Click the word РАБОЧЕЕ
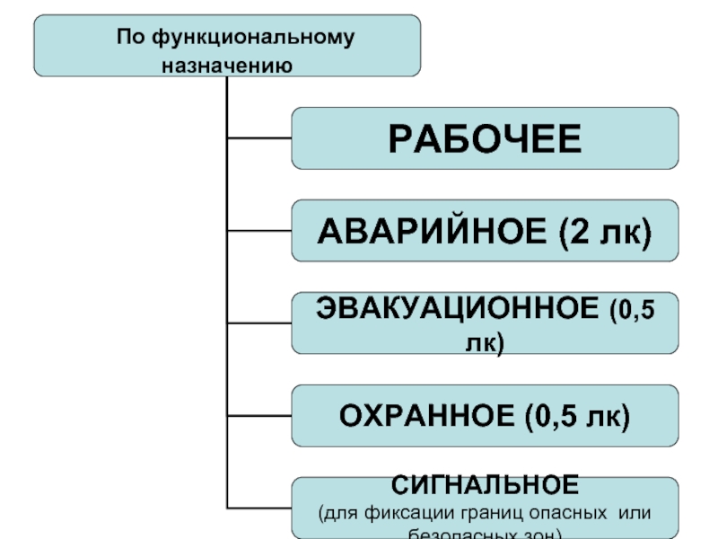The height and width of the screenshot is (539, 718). tap(485, 139)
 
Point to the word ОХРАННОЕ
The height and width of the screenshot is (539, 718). tap(425, 416)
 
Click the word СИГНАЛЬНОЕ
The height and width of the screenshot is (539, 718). tap(485, 487)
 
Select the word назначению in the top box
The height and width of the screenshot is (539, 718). tap(228, 65)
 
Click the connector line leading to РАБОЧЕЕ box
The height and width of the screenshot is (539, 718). tap(259, 137)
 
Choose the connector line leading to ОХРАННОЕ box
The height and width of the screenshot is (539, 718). tap(259, 416)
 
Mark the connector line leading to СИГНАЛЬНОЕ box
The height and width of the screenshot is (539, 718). tap(259, 508)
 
